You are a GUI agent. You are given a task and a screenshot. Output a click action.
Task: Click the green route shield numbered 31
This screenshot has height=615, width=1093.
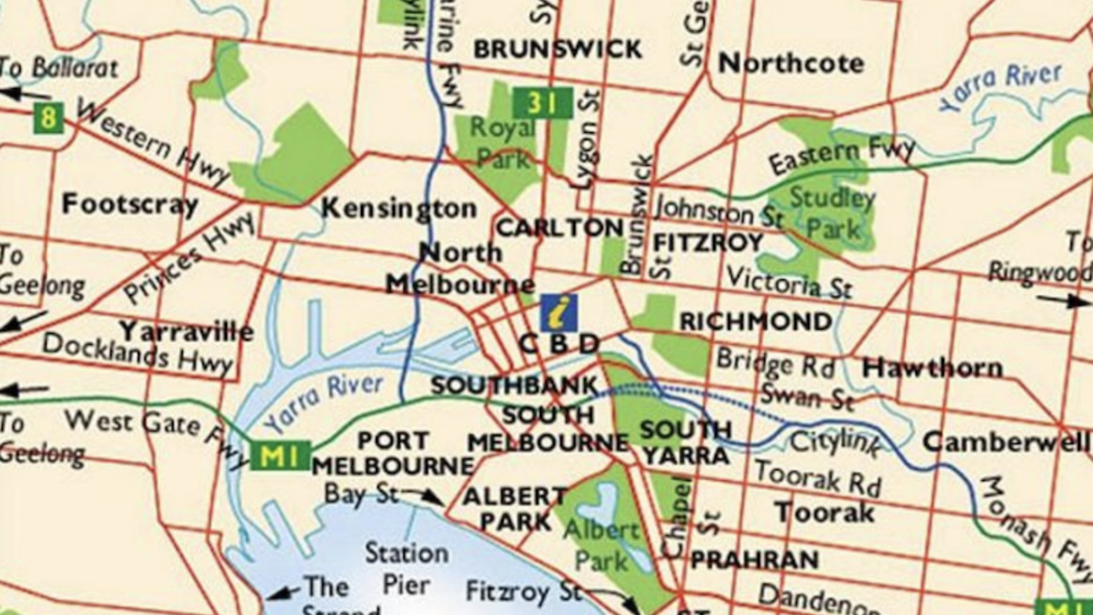pyautogui.click(x=542, y=102)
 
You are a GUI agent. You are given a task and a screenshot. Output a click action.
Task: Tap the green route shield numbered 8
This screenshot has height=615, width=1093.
pyautogui.click(x=47, y=116)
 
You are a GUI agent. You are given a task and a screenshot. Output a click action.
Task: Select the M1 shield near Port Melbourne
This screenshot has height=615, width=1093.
pyautogui.click(x=279, y=457)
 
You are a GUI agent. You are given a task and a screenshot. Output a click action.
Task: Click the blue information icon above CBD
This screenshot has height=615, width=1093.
pyautogui.click(x=559, y=312)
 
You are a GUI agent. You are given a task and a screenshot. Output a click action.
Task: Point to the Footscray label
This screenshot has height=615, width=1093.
pyautogui.click(x=129, y=204)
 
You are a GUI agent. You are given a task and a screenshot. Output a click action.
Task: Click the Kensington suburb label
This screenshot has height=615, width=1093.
pyautogui.click(x=398, y=208)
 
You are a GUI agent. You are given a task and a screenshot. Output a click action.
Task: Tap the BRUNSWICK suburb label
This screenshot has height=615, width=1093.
pyautogui.click(x=557, y=49)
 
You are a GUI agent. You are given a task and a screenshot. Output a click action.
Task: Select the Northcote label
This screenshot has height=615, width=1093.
pyautogui.click(x=790, y=64)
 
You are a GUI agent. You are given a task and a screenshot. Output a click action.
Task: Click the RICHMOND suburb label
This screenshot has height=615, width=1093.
pyautogui.click(x=756, y=322)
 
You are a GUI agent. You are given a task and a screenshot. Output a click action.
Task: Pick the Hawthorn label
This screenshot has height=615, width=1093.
pyautogui.click(x=932, y=367)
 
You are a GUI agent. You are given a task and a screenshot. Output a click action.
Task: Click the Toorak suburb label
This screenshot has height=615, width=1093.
pyautogui.click(x=824, y=513)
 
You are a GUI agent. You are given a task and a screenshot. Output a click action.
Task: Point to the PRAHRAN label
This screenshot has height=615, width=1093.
pyautogui.click(x=755, y=560)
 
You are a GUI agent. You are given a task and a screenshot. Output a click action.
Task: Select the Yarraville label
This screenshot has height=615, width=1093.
pyautogui.click(x=186, y=331)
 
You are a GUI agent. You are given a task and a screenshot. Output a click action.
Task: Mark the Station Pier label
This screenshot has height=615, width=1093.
pyautogui.click(x=406, y=567)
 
